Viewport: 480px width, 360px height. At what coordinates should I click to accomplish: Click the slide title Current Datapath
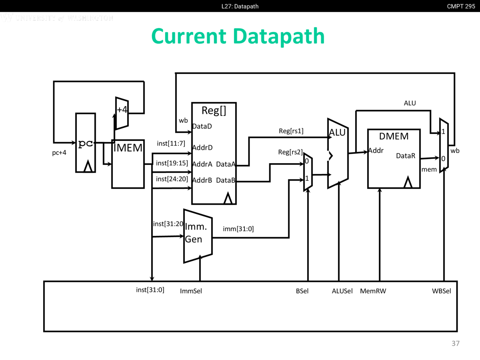point(238,36)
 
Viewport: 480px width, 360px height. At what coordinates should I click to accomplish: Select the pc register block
point(85,143)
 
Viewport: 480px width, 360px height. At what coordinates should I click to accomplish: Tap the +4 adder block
point(122,113)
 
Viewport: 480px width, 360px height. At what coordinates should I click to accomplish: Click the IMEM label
point(128,148)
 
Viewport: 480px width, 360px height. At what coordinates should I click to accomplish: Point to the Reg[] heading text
point(214,110)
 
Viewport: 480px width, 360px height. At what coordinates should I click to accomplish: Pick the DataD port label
point(202,126)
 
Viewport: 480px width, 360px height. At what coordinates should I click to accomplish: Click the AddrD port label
point(202,148)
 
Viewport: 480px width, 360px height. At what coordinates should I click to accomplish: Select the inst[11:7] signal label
point(171,143)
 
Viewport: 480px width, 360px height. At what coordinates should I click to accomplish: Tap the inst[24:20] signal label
point(172,179)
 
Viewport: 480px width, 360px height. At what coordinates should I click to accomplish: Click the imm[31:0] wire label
point(238,229)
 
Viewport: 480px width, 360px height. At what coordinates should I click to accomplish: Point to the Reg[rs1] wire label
point(291,131)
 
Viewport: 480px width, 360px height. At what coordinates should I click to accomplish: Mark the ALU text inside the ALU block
point(337,132)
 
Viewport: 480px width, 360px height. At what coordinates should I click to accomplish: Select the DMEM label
point(394,136)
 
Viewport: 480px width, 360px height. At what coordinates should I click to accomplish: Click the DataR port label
point(406,156)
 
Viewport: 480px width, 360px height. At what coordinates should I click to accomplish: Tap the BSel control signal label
point(302,291)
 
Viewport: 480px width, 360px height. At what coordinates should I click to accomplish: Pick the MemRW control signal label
point(373,291)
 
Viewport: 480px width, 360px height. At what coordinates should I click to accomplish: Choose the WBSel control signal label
point(441,291)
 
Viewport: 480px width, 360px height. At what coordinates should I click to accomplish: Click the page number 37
point(456,343)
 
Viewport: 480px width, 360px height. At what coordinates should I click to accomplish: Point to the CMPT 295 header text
point(461,6)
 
